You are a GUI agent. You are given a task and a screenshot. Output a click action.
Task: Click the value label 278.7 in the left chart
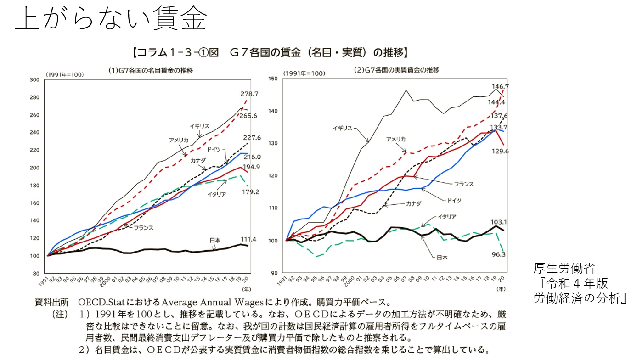click(x=249, y=94)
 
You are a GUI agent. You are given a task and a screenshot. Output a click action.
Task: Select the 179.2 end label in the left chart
click(x=250, y=192)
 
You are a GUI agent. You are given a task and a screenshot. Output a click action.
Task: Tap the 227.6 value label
click(x=252, y=137)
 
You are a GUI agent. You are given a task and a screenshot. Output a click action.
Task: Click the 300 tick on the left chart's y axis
click(x=34, y=79)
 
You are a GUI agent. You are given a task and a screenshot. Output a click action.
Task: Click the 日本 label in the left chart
click(x=215, y=240)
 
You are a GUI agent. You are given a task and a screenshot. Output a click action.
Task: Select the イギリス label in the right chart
click(x=342, y=128)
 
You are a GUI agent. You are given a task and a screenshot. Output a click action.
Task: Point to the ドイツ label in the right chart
click(x=452, y=200)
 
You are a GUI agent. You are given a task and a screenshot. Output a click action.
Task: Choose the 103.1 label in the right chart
click(x=498, y=222)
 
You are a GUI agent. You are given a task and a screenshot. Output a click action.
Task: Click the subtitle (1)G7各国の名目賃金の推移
click(x=151, y=70)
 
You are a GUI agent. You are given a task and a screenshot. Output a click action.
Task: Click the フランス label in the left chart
click(x=143, y=227)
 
